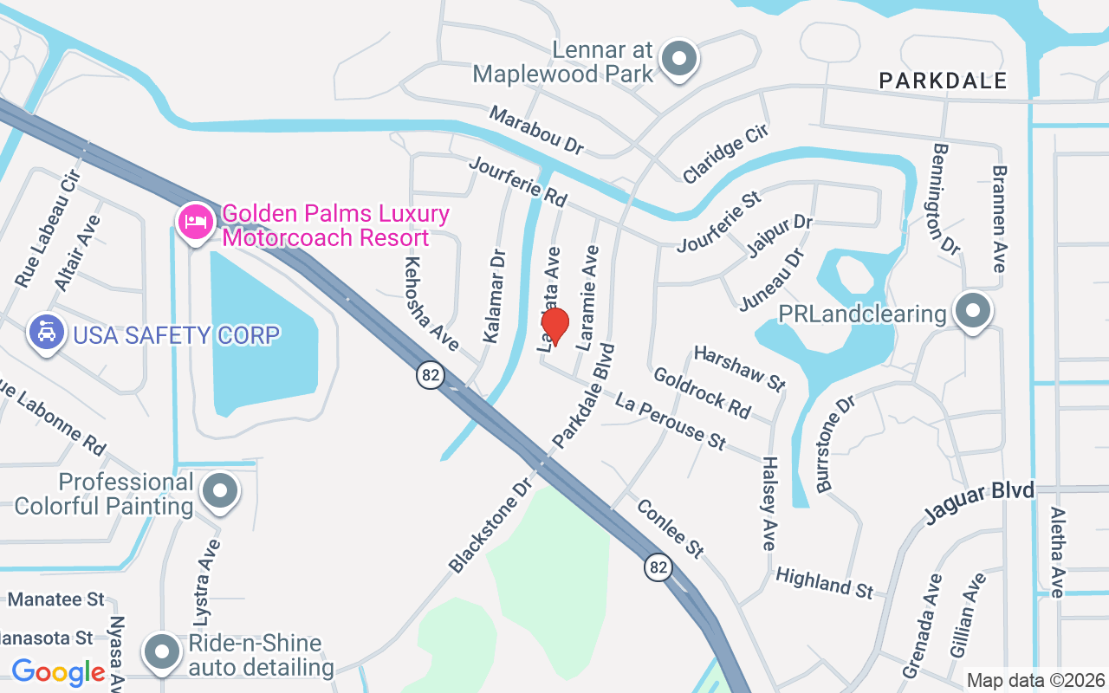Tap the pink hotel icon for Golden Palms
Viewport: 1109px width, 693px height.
click(196, 223)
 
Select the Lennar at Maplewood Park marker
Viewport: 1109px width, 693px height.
click(679, 59)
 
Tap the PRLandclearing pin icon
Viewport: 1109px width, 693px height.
click(972, 310)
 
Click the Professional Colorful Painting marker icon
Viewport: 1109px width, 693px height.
click(220, 491)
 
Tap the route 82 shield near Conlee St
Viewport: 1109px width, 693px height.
click(658, 567)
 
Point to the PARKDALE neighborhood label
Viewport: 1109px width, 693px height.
click(943, 81)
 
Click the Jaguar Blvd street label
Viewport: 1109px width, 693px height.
click(979, 502)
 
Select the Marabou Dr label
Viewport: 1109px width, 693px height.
click(536, 130)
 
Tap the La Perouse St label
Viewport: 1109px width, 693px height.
click(670, 420)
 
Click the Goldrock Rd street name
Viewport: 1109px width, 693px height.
click(702, 392)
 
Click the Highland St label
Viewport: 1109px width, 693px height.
click(824, 582)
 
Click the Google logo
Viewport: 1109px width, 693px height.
click(58, 671)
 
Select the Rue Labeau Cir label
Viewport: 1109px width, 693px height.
click(48, 229)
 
